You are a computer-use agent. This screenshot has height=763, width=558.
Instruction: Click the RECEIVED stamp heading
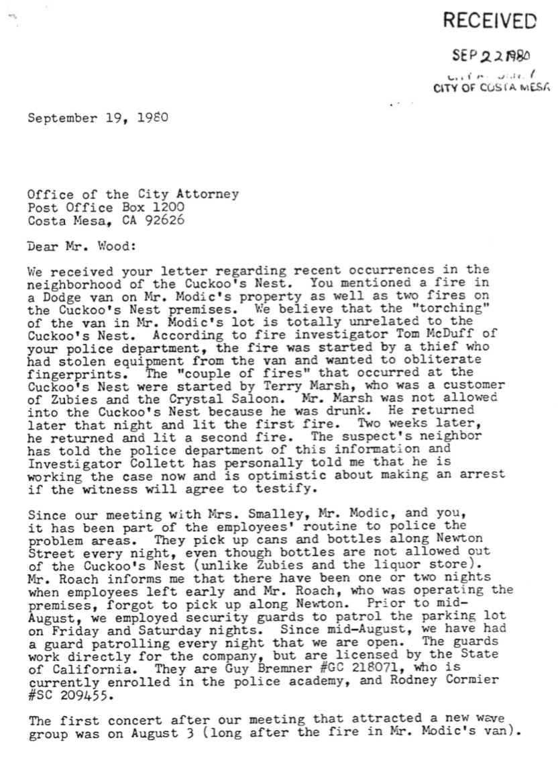[x=490, y=21]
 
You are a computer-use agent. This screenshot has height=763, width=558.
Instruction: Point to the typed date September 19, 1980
[x=97, y=120]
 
